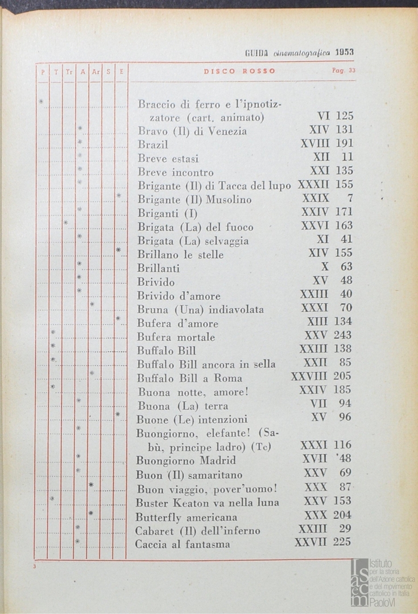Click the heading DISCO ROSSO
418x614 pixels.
(239, 71)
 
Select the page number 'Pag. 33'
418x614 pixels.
(343, 71)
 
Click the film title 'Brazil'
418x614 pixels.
(153, 144)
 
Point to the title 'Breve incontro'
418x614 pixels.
(176, 172)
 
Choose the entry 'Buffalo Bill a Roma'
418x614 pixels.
(189, 378)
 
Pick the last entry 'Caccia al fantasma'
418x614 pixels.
(183, 545)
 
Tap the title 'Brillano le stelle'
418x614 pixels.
(180, 255)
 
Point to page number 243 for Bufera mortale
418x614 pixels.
(343, 335)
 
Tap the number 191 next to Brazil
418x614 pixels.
(343, 144)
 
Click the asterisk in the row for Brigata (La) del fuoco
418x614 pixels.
(66, 223)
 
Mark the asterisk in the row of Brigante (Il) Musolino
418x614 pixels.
(118, 196)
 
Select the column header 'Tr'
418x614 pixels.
(68, 72)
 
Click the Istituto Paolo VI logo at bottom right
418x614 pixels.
(382, 581)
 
